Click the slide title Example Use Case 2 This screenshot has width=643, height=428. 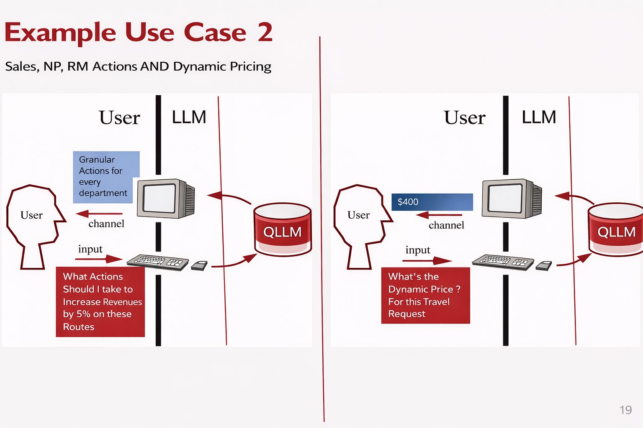point(138,33)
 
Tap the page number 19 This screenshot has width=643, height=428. point(625,410)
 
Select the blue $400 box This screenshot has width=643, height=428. point(432,202)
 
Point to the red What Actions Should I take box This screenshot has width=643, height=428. point(100,302)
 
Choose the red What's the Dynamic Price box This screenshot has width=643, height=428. point(425,296)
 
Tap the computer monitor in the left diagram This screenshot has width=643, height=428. point(165,199)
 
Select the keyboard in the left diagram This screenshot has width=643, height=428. point(157,262)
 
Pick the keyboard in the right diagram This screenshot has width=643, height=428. point(503,262)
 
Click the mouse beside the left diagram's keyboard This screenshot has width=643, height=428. point(199,265)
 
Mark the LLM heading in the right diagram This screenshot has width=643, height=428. point(539,117)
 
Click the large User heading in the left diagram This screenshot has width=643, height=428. point(119,118)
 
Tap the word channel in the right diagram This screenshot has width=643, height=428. point(446,225)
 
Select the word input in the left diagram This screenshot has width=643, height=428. point(90,249)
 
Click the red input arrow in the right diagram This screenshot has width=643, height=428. point(427,261)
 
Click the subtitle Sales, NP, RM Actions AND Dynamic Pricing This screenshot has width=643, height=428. point(138,66)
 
